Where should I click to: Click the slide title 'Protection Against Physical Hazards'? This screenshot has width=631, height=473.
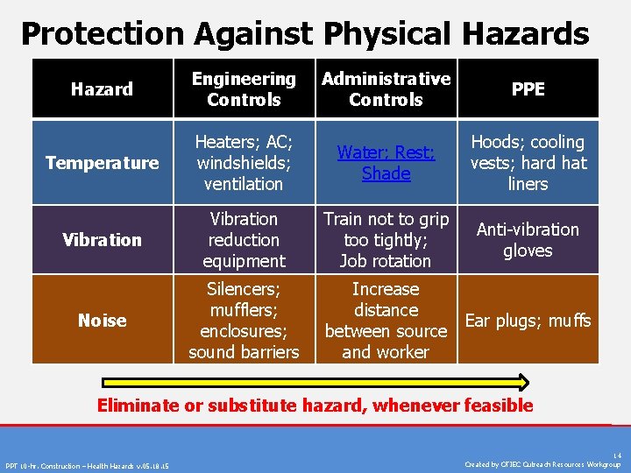305,33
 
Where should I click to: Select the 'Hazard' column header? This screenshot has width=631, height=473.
102,89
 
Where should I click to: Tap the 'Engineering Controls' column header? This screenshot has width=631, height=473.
244,89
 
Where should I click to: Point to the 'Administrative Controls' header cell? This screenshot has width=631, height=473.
386,89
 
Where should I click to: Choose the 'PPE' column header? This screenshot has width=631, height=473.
528,89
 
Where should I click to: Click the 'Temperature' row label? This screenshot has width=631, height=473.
102,163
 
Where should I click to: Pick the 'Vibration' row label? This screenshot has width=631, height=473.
102,240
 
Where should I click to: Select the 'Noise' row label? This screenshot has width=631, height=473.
102,321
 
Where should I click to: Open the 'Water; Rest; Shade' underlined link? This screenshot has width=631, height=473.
386,163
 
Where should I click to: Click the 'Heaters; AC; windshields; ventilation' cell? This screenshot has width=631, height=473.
244,163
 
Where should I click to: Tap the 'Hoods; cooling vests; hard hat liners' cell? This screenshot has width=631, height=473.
528,163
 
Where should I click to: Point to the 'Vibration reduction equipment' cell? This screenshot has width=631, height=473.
244,240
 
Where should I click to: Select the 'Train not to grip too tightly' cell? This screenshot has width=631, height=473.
386,240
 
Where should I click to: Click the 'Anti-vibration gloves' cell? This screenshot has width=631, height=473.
528,240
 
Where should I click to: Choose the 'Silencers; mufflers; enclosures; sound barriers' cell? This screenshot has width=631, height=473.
244,321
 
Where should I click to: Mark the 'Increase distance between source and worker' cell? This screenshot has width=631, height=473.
386,321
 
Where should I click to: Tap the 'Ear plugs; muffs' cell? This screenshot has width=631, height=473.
528,321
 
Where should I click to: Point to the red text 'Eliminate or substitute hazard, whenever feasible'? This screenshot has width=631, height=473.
315,405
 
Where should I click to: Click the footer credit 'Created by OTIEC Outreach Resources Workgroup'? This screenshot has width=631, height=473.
542,464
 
